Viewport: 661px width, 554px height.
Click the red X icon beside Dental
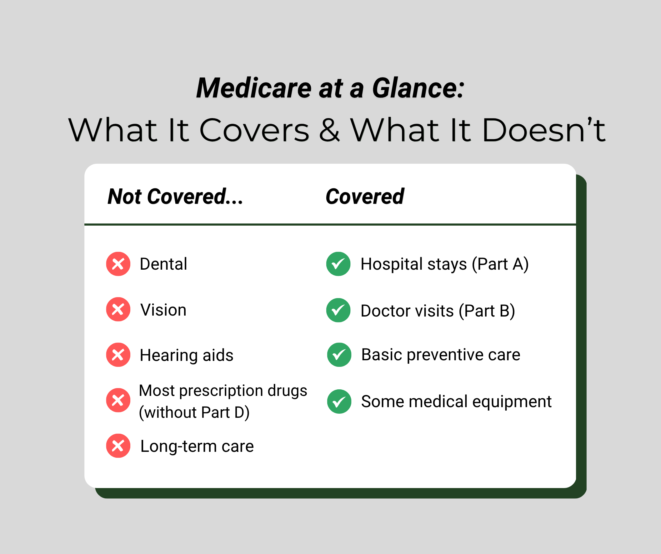(118, 264)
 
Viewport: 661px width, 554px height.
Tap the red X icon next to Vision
(118, 309)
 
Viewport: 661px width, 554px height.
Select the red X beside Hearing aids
(118, 355)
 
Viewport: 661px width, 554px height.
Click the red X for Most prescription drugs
(118, 400)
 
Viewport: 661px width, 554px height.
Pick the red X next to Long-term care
(118, 446)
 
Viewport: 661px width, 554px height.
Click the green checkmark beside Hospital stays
(338, 264)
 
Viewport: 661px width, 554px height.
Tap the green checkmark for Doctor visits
(338, 310)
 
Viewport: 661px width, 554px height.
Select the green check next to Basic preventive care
(339, 355)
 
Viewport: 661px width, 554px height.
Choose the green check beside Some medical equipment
(339, 401)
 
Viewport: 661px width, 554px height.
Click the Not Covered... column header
(175, 197)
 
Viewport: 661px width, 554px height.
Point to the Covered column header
(365, 197)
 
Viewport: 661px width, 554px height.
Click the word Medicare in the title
(254, 88)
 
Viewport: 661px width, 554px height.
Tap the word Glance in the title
(418, 88)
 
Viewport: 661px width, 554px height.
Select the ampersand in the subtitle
(329, 130)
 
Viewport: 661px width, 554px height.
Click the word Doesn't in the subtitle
(543, 130)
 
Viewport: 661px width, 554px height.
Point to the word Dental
(163, 264)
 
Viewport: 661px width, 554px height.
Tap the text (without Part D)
(194, 412)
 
